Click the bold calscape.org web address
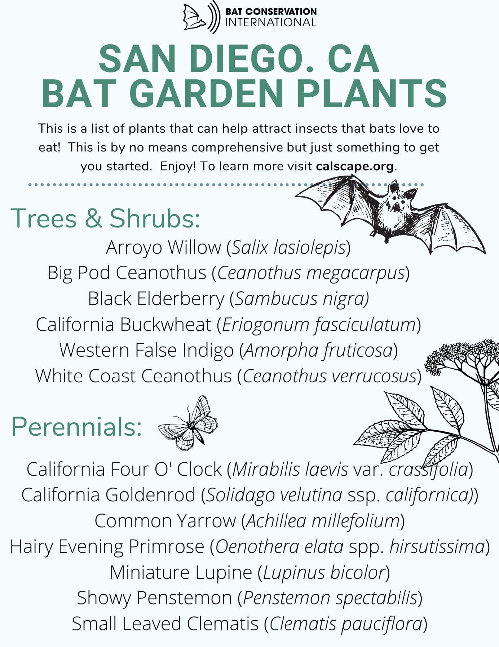355,166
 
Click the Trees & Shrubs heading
105,218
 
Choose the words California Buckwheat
123,325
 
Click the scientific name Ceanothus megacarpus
311,273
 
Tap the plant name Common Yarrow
165,521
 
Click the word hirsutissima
437,546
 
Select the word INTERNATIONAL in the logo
271,22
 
